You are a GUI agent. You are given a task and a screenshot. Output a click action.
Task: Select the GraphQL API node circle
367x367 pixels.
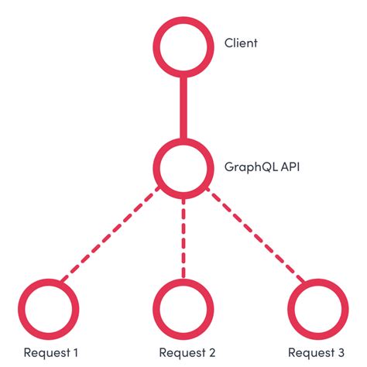tap(183, 166)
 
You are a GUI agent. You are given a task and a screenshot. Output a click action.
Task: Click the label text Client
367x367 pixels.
tap(241, 43)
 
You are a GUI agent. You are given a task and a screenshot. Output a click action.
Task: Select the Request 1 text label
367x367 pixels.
tap(50, 352)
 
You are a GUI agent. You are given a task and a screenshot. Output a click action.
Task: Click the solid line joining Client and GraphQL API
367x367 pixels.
tap(183, 104)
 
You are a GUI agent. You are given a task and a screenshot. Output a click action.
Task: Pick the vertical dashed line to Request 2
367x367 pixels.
tap(183, 237)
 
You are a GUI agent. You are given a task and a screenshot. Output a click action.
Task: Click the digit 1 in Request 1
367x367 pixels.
tap(75, 352)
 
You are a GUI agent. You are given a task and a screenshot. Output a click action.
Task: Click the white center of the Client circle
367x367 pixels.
tap(183, 43)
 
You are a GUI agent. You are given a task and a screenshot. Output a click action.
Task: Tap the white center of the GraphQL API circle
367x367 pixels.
tap(183, 166)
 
